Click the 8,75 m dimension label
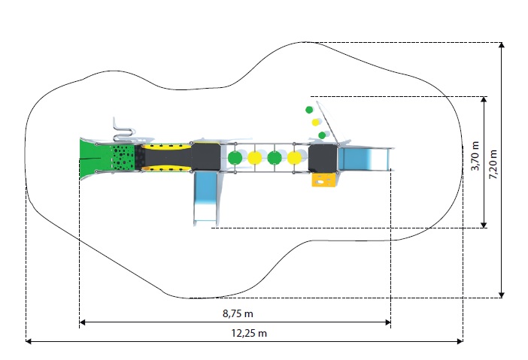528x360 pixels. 238,313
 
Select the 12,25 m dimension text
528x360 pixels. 249,333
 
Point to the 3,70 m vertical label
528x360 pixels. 475,156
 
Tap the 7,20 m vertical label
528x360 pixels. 493,164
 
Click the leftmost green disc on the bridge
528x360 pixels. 235,158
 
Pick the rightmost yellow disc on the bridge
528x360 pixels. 294,158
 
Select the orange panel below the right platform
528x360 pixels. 323,180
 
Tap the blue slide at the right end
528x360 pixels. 365,159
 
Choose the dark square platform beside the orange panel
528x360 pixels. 323,158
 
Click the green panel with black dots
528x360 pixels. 123,158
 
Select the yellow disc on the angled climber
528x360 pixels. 315,123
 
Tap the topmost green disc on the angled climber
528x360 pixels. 309,110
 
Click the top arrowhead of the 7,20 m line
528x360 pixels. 502,45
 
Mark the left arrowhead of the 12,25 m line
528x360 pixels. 29,341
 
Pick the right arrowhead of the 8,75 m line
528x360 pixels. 387,322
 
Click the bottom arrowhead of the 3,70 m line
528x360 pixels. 484,225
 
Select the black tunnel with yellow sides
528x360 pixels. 165,158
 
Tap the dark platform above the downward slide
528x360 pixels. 206,157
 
